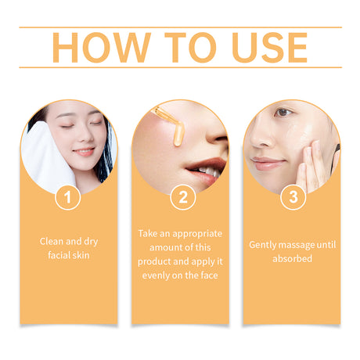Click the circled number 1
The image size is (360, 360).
click(x=68, y=198)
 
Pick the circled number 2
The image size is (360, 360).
click(x=182, y=198)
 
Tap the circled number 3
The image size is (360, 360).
click(x=293, y=198)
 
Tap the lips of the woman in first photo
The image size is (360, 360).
click(x=83, y=152)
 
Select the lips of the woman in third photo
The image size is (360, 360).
click(x=268, y=163)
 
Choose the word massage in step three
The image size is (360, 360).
click(x=293, y=244)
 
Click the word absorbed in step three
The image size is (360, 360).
click(x=293, y=257)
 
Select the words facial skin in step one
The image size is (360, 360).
click(x=69, y=254)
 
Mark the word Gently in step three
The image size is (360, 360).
click(x=262, y=244)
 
